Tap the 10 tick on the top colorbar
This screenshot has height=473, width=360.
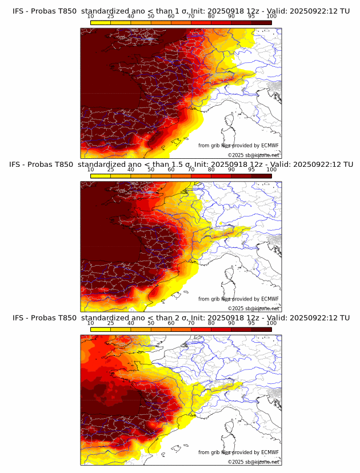[x=91, y=17]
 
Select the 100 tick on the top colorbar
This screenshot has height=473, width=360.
[x=271, y=17]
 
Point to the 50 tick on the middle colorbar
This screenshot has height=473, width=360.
[x=151, y=170]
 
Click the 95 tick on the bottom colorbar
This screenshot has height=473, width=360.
[x=251, y=323]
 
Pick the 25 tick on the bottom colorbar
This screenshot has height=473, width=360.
[x=111, y=323]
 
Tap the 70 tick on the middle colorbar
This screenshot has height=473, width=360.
[x=191, y=170]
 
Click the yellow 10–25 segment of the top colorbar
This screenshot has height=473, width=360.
[x=101, y=22]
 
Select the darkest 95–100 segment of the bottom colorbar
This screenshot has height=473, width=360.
[x=262, y=329]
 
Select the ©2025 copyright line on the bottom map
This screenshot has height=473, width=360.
[x=254, y=462]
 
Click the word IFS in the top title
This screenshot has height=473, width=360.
[x=18, y=11]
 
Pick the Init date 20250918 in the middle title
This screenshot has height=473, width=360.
[x=231, y=165]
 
